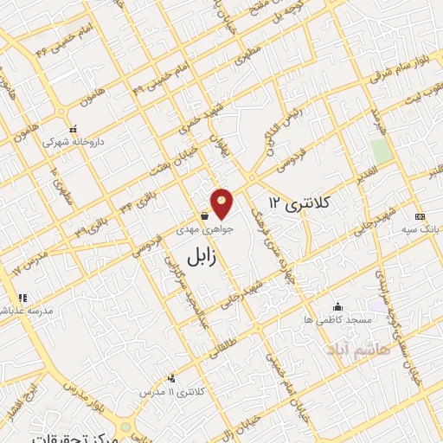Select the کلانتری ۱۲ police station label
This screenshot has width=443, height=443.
pyautogui.click(x=300, y=202)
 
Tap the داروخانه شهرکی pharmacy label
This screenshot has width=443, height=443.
pyautogui.click(x=67, y=140)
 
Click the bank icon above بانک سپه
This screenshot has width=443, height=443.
pyautogui.click(x=421, y=216)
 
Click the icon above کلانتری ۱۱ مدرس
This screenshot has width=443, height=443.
pyautogui.click(x=171, y=376)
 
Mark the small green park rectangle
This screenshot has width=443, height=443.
pyautogui.click(x=381, y=151)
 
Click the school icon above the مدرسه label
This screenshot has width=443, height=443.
pyautogui.click(x=23, y=297)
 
